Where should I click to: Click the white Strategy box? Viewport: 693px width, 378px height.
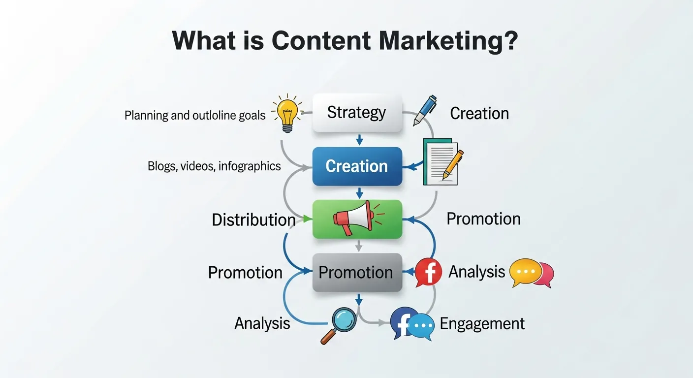pyautogui.click(x=357, y=113)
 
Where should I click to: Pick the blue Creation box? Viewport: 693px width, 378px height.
pyautogui.click(x=357, y=166)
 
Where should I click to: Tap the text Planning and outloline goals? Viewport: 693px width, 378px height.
pyautogui.click(x=195, y=116)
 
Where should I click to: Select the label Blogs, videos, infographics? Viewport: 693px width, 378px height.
pyautogui.click(x=214, y=166)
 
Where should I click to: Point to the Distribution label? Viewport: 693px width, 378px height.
pyautogui.click(x=253, y=220)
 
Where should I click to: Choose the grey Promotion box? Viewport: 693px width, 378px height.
pyautogui.click(x=357, y=272)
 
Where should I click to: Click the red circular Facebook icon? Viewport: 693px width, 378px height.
pyautogui.click(x=429, y=272)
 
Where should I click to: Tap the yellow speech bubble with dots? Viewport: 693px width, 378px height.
pyautogui.click(x=525, y=272)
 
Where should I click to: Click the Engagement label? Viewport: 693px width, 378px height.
pyautogui.click(x=482, y=324)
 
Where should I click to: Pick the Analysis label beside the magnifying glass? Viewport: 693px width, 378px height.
pyautogui.click(x=262, y=323)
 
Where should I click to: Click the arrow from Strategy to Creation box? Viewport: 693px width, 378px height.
pyautogui.click(x=359, y=139)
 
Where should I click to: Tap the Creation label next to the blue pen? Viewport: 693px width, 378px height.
pyautogui.click(x=479, y=113)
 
